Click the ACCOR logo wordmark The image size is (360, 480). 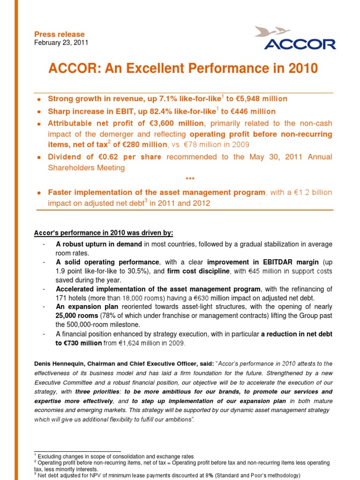click(300, 45)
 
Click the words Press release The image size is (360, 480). click(60, 34)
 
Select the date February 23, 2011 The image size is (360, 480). click(61, 43)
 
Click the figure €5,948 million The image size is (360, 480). click(262, 99)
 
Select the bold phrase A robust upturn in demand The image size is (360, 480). click(99, 244)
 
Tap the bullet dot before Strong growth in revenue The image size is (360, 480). click(40, 99)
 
